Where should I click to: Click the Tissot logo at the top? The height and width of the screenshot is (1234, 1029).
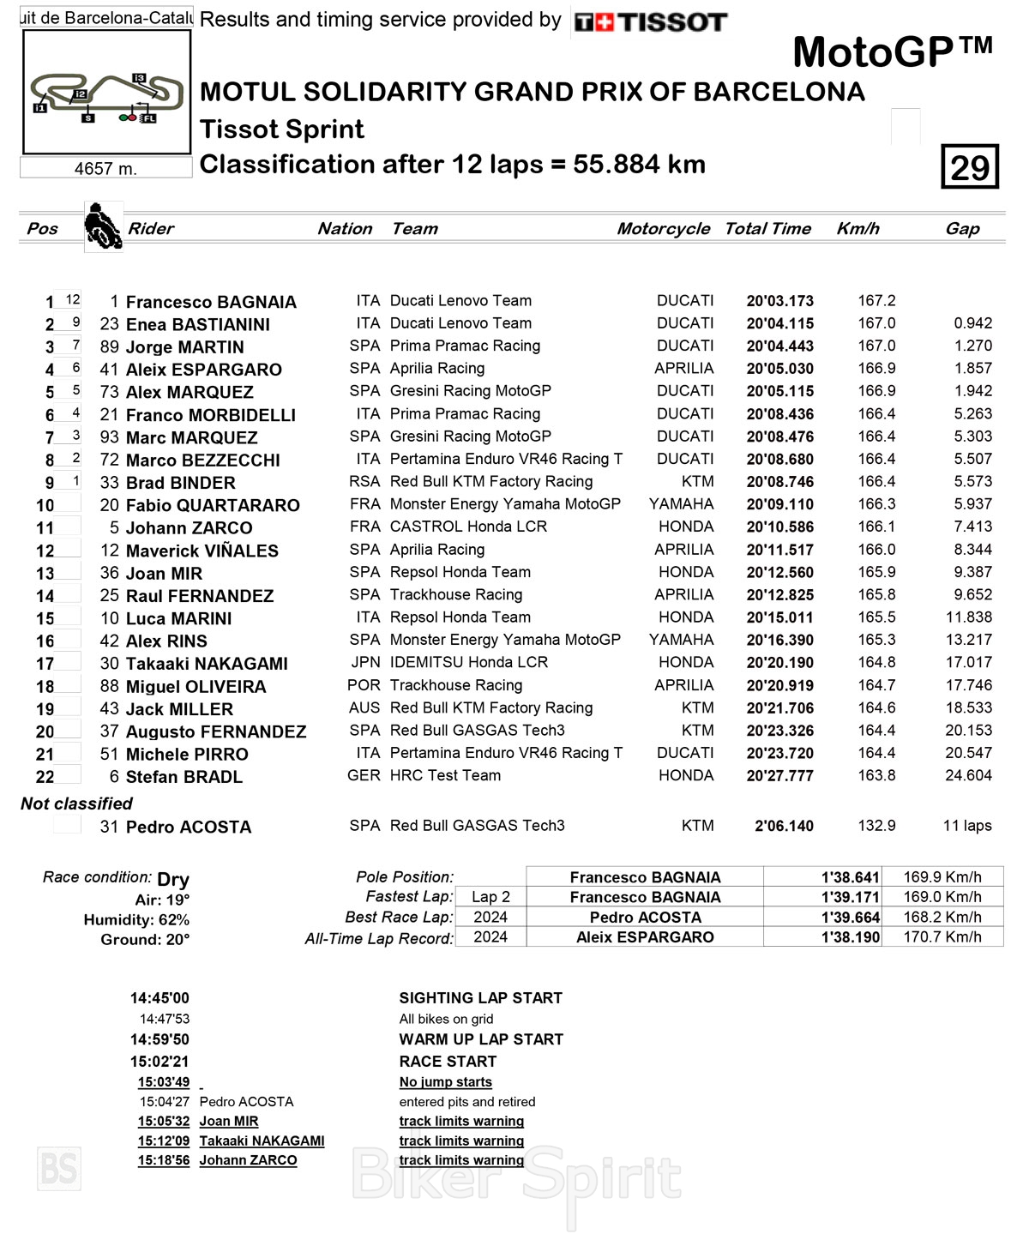click(651, 22)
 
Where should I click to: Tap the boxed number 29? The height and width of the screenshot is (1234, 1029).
click(970, 166)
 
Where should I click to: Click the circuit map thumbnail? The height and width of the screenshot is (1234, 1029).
click(106, 93)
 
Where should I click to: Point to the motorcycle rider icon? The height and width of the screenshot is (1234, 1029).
click(103, 226)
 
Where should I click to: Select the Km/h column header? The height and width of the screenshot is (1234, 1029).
click(857, 228)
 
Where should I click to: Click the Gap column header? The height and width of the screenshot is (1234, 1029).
click(962, 228)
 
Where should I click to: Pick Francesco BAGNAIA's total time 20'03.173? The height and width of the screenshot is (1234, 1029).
click(779, 301)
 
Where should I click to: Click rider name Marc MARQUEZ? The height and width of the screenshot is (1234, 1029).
click(191, 437)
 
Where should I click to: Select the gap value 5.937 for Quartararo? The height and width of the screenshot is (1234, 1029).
click(972, 504)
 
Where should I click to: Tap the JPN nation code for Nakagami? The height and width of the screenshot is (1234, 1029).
click(365, 662)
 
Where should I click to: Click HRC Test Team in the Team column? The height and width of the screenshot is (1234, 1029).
click(445, 775)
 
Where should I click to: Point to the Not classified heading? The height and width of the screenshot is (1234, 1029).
click(76, 804)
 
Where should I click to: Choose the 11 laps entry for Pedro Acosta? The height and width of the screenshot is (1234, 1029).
click(967, 826)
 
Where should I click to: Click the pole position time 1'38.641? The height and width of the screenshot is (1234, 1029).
click(850, 877)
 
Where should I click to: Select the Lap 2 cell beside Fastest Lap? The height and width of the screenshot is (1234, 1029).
click(490, 897)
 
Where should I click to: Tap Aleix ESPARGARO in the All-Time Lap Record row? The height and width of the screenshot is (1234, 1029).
click(645, 937)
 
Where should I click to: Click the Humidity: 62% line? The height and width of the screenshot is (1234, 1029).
click(136, 920)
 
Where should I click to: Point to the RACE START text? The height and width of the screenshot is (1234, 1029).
click(448, 1062)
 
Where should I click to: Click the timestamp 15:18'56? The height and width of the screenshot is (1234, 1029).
click(164, 1160)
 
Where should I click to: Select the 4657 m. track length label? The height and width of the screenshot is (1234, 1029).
click(105, 169)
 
